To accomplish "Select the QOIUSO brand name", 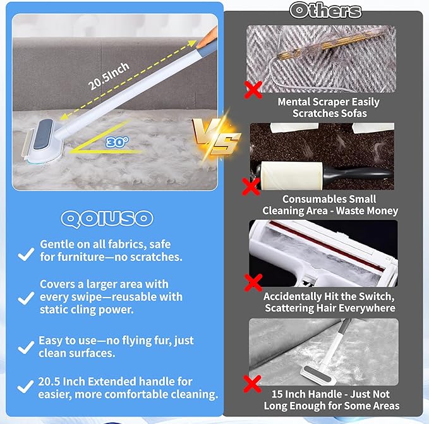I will point(107,218).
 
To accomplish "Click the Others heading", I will point(325,10).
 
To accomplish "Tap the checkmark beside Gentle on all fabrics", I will point(25,253).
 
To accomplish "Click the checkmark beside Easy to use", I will point(25,346).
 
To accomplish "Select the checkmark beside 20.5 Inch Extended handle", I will point(25,386).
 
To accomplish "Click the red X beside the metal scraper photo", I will point(253,90).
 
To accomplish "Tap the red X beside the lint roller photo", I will point(251,186).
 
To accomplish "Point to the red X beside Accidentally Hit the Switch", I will point(254,282).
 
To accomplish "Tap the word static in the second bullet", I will point(54,310).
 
